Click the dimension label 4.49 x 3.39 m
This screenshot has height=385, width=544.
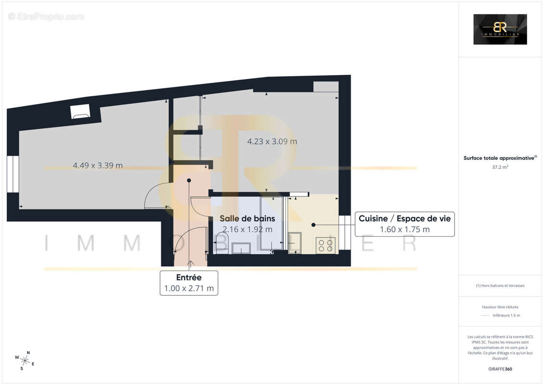coord(98,166)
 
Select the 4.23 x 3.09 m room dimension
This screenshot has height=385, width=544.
coord(272,141)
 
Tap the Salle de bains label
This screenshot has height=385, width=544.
coord(247,218)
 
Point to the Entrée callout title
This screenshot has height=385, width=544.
coord(189,278)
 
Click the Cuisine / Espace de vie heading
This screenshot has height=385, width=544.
coord(405,218)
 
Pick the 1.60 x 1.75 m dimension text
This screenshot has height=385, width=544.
coord(405,230)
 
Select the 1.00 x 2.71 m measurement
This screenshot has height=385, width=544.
coord(189,289)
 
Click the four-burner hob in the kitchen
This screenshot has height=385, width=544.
coord(325,246)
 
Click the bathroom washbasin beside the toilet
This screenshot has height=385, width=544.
coord(241,248)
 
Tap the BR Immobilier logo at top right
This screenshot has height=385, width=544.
coord(500,29)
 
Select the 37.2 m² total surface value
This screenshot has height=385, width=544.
coord(500,167)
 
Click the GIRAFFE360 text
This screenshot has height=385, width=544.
coord(500,369)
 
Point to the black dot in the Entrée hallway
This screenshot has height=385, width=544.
coord(189,180)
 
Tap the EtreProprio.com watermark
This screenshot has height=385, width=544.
coord(46,17)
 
